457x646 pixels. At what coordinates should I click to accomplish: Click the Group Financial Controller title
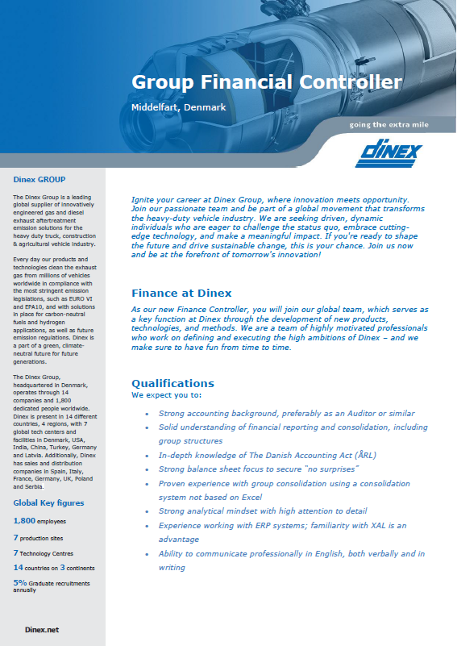[x=266, y=82]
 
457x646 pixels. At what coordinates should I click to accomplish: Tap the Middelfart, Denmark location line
[x=177, y=107]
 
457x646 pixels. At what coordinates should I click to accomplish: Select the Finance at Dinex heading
[x=181, y=293]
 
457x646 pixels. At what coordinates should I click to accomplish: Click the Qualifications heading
[x=172, y=383]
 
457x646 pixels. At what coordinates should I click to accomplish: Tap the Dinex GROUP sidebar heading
[x=40, y=179]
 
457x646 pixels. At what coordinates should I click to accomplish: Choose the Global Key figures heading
[x=48, y=502]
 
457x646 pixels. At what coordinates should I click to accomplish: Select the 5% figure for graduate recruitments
[x=21, y=581]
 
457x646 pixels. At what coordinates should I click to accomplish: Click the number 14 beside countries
[x=18, y=568]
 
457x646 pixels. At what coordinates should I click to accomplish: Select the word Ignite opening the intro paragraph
[x=144, y=198]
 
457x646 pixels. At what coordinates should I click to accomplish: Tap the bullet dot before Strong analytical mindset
[x=146, y=511]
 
